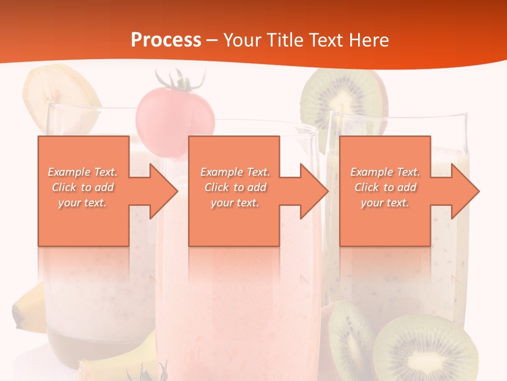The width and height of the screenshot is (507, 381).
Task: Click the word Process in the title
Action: coord(166,40)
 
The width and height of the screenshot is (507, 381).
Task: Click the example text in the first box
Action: coord(83,187)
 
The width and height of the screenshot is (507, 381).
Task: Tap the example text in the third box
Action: coord(385,187)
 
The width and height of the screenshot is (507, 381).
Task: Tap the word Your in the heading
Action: coord(241,40)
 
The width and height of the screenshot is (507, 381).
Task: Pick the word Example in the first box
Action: coord(68,172)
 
